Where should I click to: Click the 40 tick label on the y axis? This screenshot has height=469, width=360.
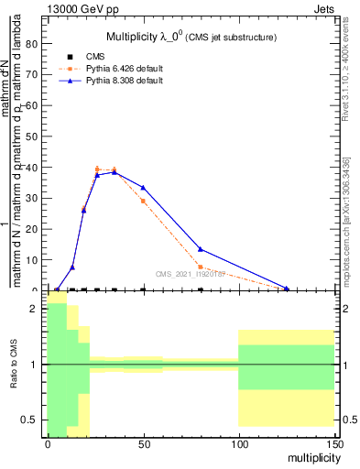[35, 168]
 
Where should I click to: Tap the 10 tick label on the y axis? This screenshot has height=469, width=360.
[35, 260]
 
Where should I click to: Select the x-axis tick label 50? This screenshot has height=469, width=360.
[143, 443]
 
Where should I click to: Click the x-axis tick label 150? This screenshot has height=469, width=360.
[334, 443]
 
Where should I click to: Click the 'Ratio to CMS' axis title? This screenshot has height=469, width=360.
[14, 365]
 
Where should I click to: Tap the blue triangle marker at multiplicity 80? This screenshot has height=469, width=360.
[201, 249]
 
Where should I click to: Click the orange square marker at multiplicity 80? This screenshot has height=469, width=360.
[201, 267]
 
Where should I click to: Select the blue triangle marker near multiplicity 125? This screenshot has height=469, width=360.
[287, 289]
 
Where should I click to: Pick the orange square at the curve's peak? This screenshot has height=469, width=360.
[97, 169]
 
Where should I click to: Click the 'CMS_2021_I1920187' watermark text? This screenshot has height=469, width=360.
[190, 274]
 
